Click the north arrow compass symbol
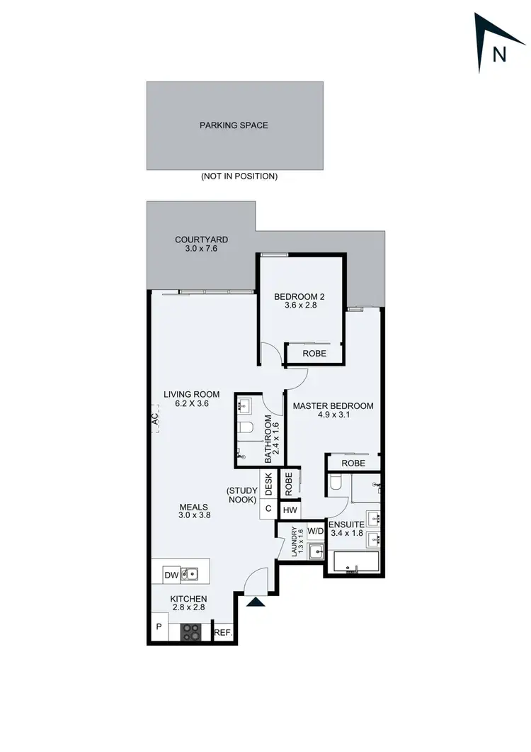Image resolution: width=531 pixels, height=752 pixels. (x=498, y=44)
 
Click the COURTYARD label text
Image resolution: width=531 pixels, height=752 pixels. (x=202, y=240)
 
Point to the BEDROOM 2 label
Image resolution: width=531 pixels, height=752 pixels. (x=299, y=297)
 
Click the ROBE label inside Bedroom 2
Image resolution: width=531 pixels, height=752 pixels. (x=314, y=353)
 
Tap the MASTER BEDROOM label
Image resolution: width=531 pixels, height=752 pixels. (x=333, y=406)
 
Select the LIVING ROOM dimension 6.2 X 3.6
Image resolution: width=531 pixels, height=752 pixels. (x=191, y=404)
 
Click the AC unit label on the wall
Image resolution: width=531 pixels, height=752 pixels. (x=154, y=420)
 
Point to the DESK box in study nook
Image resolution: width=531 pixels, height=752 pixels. (x=269, y=485)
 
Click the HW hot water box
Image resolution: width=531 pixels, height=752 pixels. (x=290, y=510)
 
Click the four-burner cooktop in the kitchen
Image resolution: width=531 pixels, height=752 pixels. (x=191, y=631)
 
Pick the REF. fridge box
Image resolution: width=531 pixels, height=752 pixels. (x=224, y=632)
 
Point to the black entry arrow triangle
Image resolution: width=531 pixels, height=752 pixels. (x=255, y=602)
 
